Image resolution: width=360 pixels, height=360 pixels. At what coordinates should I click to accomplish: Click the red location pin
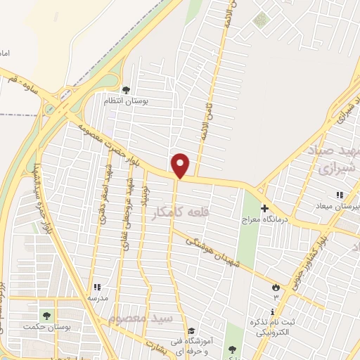pyautogui.click(x=181, y=166)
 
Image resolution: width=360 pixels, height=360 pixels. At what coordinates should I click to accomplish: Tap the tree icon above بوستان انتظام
pyautogui.click(x=125, y=90)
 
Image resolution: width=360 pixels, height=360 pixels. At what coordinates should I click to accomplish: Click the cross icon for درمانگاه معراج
pyautogui.click(x=265, y=208)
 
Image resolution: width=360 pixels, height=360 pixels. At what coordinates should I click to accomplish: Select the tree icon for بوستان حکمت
pyautogui.click(x=46, y=316)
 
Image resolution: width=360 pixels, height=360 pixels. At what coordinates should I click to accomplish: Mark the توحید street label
pyautogui.click(x=144, y=201)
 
